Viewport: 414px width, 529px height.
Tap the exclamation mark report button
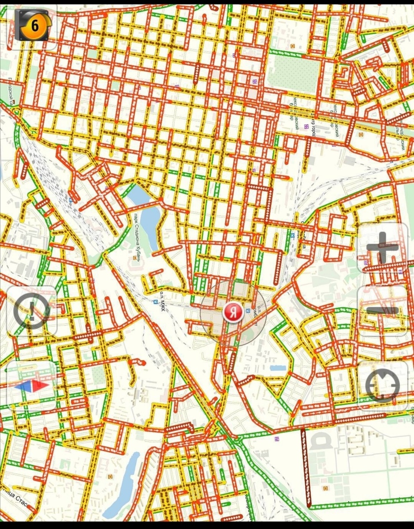point(32,311)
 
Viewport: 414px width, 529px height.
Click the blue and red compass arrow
point(32,385)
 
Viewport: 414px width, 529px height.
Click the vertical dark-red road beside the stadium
point(305,467)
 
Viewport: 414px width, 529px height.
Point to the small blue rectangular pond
point(278,368)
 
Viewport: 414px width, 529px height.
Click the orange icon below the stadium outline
point(325,488)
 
